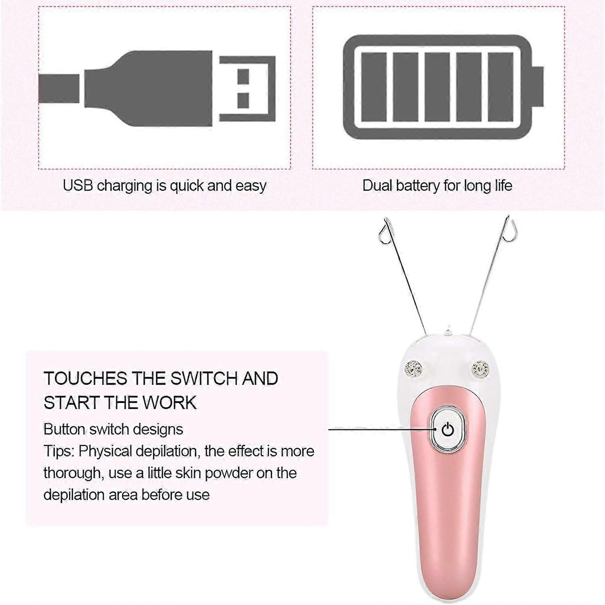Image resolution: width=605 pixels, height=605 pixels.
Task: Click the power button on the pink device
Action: tap(448, 430)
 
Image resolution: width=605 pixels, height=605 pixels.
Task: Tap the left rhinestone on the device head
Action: tap(414, 368)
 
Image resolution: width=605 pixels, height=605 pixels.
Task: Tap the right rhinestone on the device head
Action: tap(480, 368)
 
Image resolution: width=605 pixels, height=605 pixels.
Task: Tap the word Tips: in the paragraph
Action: tap(59, 451)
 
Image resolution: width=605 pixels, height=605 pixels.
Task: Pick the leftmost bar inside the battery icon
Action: tap(374, 87)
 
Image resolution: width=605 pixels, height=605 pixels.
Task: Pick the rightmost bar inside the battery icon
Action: tap(500, 87)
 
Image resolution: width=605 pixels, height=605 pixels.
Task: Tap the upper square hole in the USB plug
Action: tap(243, 77)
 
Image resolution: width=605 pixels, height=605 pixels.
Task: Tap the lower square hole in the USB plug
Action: tap(243, 101)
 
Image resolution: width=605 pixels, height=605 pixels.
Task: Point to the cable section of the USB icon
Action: tap(59, 89)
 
